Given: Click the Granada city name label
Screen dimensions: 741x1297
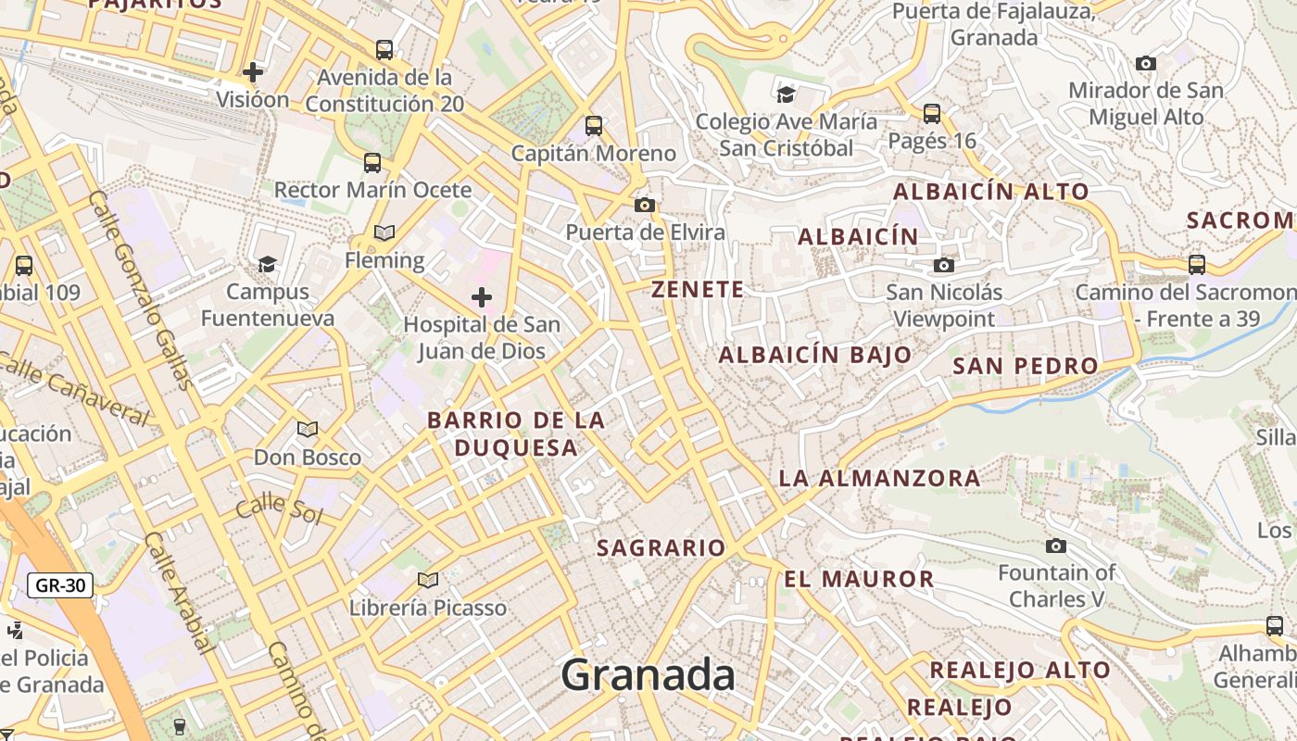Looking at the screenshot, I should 648,674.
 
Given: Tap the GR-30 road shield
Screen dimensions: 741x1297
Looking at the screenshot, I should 60,585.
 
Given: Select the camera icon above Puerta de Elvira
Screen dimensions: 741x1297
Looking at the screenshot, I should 645,205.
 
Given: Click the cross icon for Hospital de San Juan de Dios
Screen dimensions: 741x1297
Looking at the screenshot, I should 482,297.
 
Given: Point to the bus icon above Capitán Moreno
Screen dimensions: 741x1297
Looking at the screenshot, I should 594,125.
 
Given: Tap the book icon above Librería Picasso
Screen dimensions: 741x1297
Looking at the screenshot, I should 427,580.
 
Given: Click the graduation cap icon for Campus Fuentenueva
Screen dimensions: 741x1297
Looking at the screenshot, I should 267,264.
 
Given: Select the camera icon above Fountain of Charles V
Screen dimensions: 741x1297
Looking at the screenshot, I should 1055,546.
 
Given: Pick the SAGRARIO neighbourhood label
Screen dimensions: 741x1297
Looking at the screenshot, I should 661,548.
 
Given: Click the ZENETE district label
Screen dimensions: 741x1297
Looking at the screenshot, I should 698,290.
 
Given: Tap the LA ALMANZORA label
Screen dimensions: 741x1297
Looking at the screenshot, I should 879,479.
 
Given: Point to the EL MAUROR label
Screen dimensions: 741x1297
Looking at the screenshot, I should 859,580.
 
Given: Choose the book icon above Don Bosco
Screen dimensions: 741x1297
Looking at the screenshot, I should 308,429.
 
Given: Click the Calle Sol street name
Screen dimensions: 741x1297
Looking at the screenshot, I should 278,510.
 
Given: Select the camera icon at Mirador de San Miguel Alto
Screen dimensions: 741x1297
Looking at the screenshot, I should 1146,64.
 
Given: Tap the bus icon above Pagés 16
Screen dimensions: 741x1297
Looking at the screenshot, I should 932,114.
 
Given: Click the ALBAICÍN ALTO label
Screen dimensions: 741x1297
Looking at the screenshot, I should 990,193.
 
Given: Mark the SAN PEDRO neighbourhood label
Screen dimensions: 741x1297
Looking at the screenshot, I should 1026,366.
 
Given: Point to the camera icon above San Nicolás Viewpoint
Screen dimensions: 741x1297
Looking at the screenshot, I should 944,266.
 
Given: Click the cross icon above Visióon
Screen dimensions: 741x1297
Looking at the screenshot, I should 252,71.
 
